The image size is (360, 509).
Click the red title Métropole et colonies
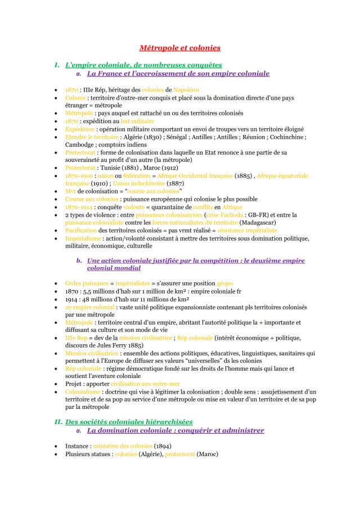coord(180,48)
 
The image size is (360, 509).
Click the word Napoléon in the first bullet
coord(182,89)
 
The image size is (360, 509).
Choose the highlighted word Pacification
coord(81,230)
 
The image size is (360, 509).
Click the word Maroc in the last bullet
coord(206,454)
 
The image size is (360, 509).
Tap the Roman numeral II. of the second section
coord(58,421)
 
